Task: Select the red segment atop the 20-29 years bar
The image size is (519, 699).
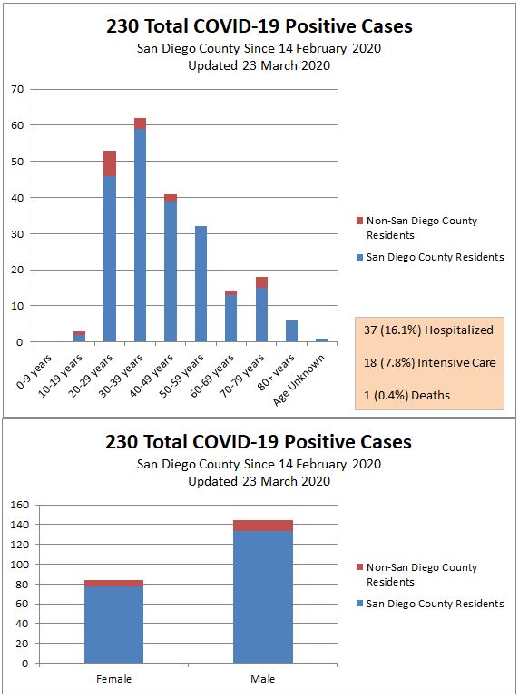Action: tap(110, 163)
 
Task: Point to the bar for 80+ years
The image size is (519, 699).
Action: tap(291, 331)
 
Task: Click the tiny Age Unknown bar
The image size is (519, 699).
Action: tap(322, 340)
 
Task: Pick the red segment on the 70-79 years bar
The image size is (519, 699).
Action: tap(261, 282)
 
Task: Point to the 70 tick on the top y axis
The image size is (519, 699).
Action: tap(17, 89)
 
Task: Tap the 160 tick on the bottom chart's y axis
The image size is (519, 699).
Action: tap(18, 505)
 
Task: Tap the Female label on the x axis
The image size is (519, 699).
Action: tap(113, 679)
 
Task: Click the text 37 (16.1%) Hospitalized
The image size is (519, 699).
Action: tap(428, 330)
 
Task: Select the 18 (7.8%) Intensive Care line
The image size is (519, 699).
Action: tap(429, 363)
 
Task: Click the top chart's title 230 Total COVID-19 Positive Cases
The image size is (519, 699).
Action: tap(259, 26)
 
